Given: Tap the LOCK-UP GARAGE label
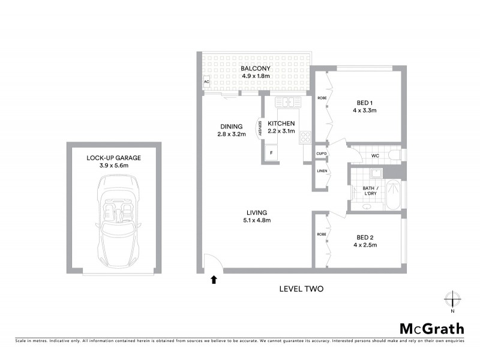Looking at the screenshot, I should click(113, 158).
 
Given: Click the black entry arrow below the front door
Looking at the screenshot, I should click(213, 278).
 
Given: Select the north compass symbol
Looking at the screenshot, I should click(452, 300).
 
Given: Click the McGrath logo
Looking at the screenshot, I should click(432, 328).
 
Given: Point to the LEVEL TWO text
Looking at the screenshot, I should click(301, 289).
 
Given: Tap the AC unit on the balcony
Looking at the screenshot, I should click(206, 82).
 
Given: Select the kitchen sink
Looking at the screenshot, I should click(288, 102).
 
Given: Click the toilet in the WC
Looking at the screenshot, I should click(394, 156).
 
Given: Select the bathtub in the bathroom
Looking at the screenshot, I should click(393, 194).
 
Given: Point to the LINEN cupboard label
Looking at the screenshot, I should click(322, 172).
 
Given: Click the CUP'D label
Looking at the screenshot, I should click(322, 154).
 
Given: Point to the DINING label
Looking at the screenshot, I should click(231, 127).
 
